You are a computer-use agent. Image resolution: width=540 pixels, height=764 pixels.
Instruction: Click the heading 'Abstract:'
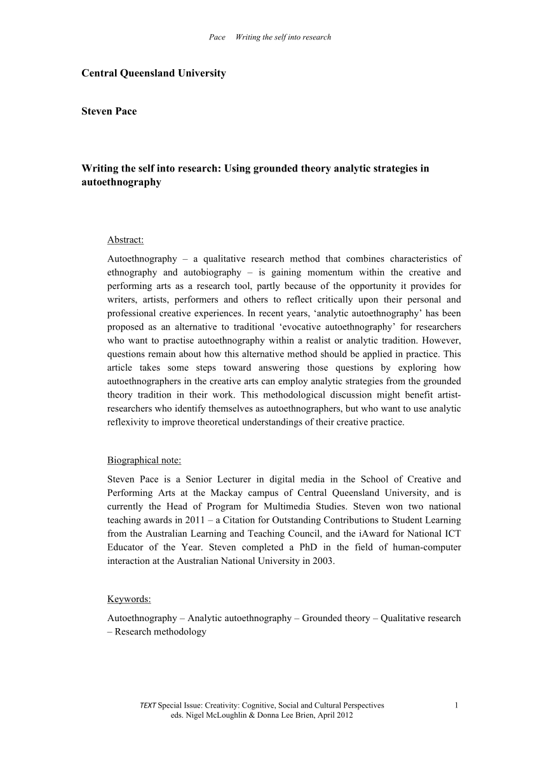126,240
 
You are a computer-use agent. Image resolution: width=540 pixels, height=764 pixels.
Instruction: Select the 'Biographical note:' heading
144,460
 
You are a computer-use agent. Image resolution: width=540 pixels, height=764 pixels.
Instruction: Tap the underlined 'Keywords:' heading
129,599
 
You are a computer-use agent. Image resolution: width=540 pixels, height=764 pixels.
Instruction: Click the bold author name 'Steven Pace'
109,111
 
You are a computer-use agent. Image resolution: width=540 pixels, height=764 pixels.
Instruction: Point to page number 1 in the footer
457,706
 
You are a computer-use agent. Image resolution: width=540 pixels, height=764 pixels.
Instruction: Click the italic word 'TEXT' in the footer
147,706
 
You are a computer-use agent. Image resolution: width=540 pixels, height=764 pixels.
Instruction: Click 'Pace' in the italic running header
217,37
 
